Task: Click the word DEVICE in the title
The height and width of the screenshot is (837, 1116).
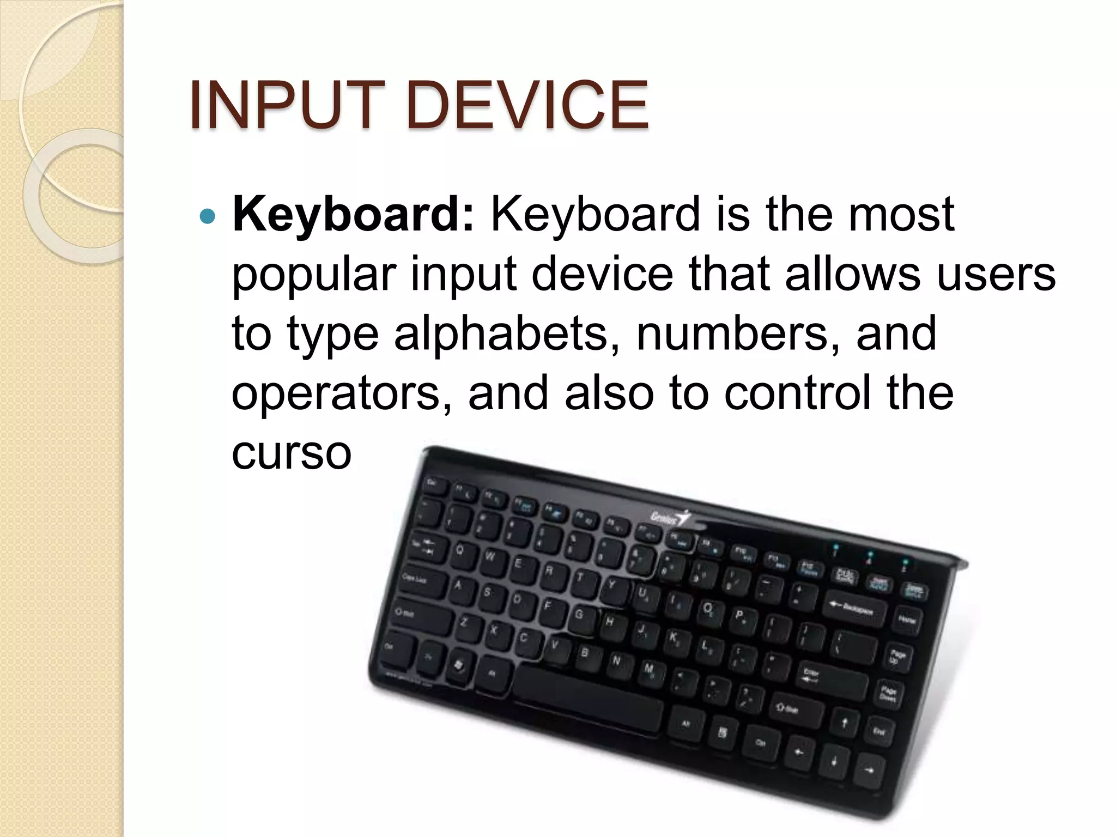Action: click(x=527, y=105)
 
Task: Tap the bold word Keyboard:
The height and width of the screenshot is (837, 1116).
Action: click(x=353, y=214)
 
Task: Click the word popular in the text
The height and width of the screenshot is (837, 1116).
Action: click(x=314, y=274)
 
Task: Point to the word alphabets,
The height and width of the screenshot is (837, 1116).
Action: click(x=507, y=333)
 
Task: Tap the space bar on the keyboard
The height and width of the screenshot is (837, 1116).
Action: click(x=589, y=700)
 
